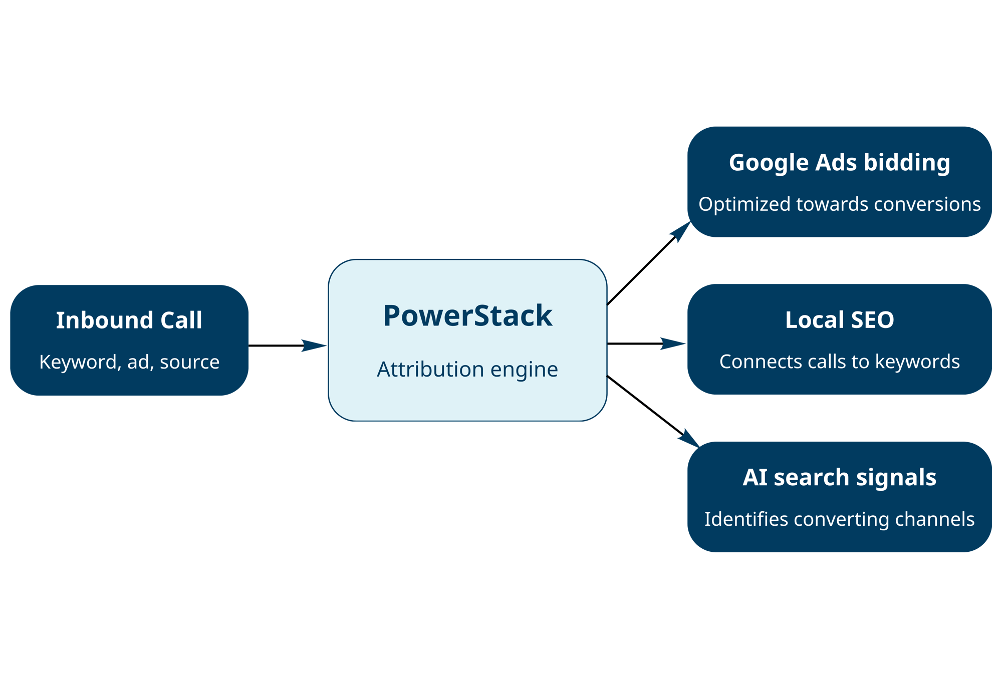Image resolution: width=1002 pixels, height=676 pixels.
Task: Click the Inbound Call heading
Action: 129,320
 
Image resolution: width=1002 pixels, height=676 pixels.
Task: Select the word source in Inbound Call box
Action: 189,362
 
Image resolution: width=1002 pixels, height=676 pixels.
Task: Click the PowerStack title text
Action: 467,316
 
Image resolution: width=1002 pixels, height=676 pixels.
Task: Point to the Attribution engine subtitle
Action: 467,370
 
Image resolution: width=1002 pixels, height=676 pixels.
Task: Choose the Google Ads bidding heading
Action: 839,163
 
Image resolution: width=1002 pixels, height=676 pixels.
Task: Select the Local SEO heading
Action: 839,320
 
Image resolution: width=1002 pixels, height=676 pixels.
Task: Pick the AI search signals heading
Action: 839,477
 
